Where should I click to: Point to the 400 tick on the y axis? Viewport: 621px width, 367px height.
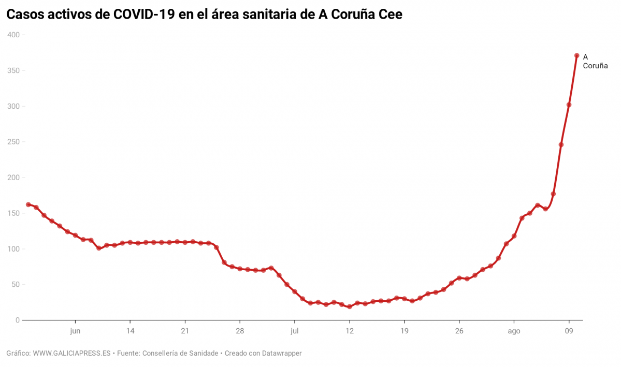pos(13,35)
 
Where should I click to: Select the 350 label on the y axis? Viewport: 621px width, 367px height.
pos(13,70)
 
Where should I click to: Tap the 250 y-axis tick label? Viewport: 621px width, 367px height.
pos(13,142)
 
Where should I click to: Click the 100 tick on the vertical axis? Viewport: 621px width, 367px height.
pos(13,249)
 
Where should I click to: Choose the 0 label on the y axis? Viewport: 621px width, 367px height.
pos(17,320)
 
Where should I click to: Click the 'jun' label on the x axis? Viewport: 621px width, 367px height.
pos(75,331)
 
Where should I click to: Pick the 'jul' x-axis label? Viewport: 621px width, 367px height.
pos(295,331)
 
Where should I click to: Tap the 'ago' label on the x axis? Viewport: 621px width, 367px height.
pos(514,331)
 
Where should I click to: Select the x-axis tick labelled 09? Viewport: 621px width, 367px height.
pos(569,331)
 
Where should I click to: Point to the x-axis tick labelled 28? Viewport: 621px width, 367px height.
pos(240,331)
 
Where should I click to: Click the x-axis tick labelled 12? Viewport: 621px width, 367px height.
pos(350,331)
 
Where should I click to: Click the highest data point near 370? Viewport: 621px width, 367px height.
pos(576,55)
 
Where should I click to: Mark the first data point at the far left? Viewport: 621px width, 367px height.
pos(28,204)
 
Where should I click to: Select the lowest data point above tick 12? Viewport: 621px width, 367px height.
pos(350,306)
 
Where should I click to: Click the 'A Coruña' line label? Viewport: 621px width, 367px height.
pos(595,62)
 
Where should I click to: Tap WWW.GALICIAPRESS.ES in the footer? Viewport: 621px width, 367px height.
pos(71,354)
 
